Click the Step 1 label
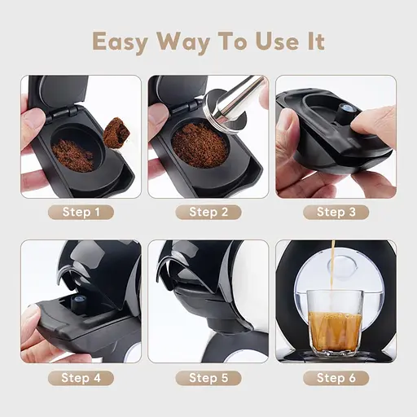tap(81, 213)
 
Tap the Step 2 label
tap(208, 213)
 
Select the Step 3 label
tap(336, 213)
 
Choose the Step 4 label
tap(81, 378)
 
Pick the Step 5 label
tap(208, 378)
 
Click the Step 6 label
tap(336, 378)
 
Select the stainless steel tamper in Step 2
tap(240, 98)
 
